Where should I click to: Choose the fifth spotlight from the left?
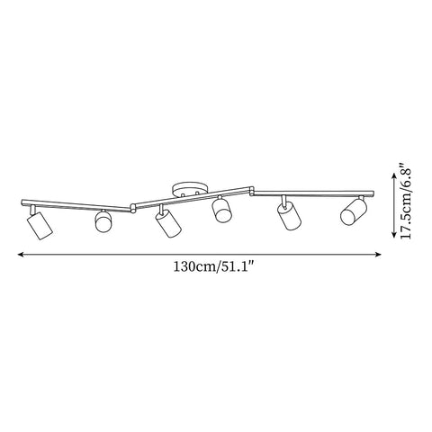[288, 217]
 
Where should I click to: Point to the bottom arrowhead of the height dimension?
[393, 236]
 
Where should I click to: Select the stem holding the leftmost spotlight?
[33, 209]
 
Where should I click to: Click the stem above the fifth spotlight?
[283, 201]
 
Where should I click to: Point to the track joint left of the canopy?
[133, 204]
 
